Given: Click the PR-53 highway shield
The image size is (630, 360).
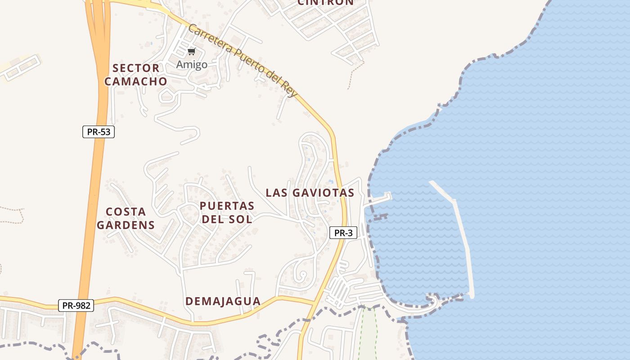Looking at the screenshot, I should (99, 132).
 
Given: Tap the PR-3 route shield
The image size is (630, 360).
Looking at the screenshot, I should (343, 233).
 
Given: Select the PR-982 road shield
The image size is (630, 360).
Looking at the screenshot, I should (76, 306).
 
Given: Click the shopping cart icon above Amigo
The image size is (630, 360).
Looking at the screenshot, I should (192, 51).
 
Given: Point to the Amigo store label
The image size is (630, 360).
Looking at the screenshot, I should (192, 64).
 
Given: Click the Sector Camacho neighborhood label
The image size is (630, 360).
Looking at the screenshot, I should (136, 75).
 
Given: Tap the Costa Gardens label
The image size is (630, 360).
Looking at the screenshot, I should (126, 218).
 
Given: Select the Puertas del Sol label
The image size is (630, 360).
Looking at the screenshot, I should (227, 212).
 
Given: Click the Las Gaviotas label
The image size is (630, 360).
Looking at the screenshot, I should (310, 193).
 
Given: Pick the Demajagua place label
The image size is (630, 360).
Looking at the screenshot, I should (223, 301).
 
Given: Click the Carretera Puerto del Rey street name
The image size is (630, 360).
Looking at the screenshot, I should (243, 59).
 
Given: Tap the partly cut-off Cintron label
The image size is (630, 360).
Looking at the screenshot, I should (326, 2).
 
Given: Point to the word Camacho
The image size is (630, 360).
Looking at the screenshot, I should (136, 81).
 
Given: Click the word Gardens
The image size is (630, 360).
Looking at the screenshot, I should (126, 225).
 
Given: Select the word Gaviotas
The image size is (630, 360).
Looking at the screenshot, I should (323, 193).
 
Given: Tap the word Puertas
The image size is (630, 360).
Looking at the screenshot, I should (227, 206).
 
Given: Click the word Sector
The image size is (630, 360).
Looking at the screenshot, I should (136, 68).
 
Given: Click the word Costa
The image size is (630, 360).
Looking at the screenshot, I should (126, 211).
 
